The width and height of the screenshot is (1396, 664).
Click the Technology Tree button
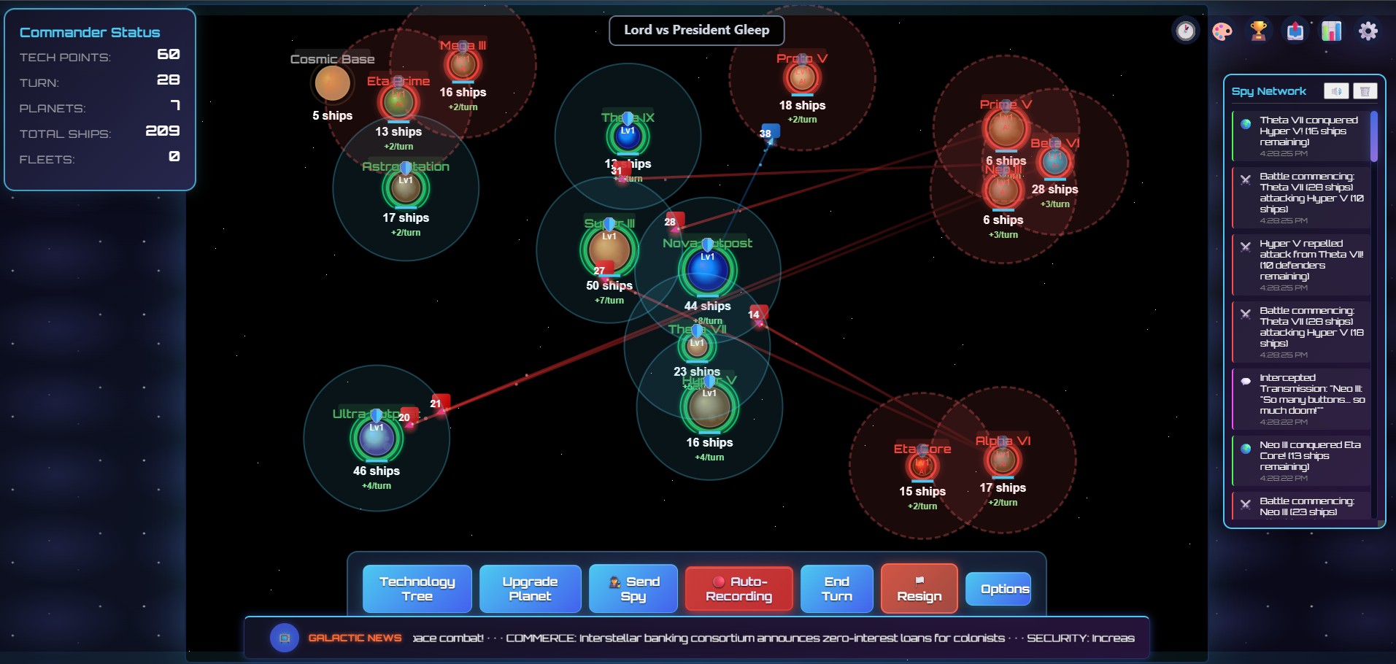click(417, 588)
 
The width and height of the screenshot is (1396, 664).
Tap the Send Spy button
click(633, 588)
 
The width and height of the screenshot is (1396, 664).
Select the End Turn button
click(836, 588)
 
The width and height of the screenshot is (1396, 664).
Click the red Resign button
click(919, 588)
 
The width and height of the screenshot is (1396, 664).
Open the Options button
click(1005, 589)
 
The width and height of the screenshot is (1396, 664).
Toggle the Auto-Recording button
click(739, 588)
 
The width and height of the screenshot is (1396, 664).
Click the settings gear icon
click(1368, 31)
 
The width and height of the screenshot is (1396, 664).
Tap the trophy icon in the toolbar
click(1258, 31)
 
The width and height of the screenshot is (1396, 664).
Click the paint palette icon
click(1222, 31)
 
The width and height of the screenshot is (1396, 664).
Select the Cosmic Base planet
click(332, 83)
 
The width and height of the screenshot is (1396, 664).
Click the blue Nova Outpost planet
click(707, 270)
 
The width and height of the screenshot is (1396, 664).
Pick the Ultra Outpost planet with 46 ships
click(377, 438)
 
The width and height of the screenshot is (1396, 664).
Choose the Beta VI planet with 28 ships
click(1054, 161)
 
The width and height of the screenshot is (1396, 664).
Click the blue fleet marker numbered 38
click(766, 133)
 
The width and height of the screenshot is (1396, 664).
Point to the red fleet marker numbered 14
click(756, 314)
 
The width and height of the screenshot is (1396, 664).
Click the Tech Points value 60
click(168, 55)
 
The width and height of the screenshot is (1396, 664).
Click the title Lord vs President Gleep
click(696, 30)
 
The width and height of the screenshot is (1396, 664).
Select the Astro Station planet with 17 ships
click(406, 188)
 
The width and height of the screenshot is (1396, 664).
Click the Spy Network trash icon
click(1365, 91)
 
